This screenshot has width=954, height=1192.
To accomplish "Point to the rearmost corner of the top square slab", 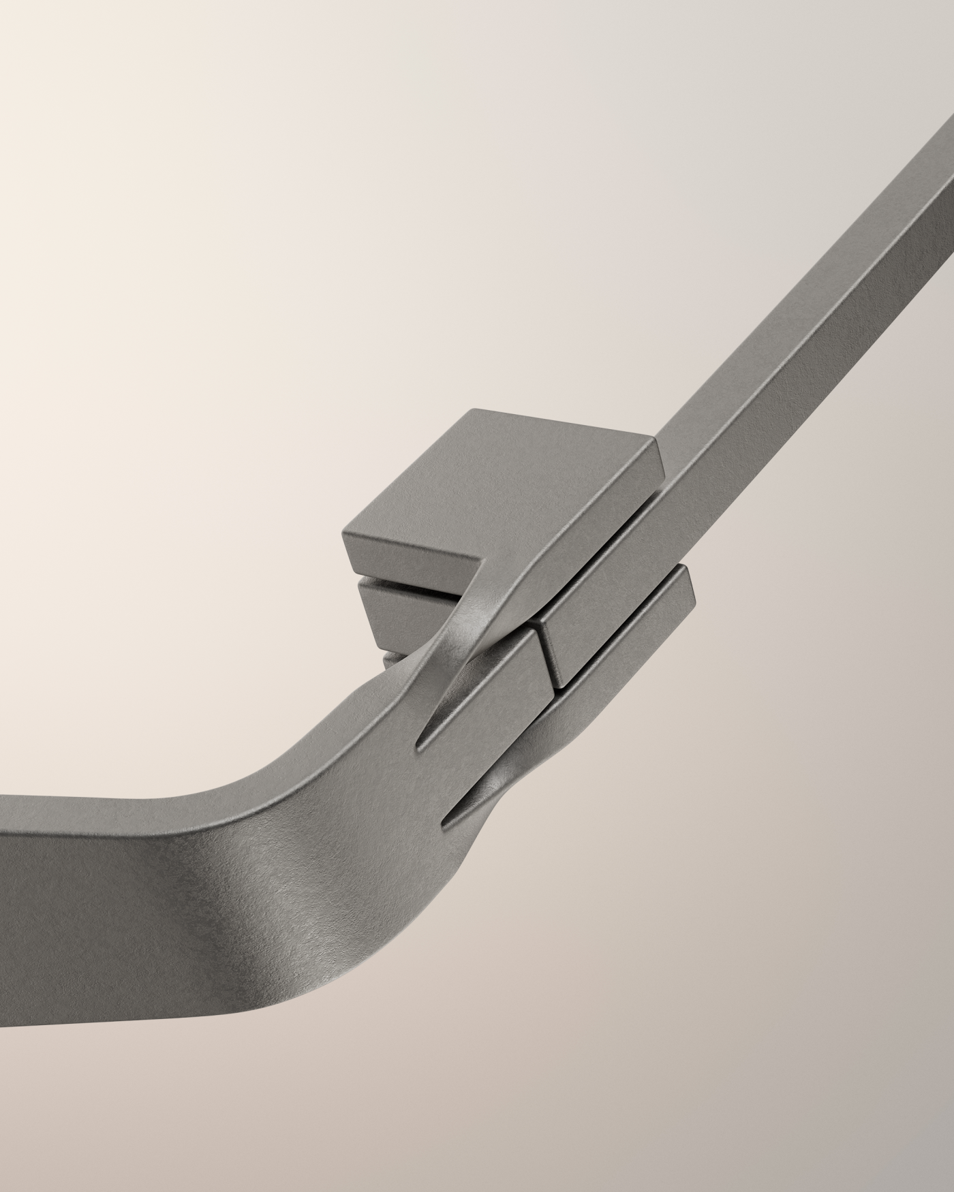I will (477, 410).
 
